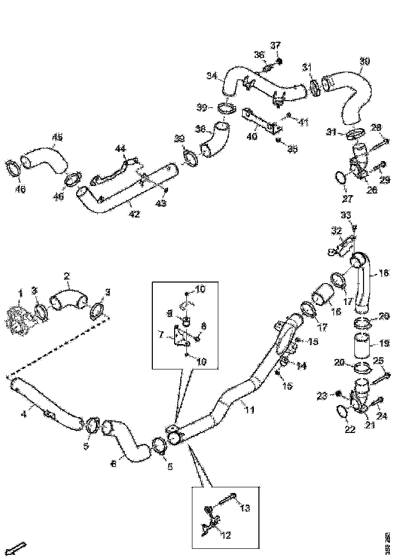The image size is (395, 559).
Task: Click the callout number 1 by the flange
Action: (21, 292)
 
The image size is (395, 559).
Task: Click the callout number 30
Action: (365, 61)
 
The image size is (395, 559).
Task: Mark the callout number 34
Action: (212, 76)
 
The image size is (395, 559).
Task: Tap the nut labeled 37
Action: (280, 61)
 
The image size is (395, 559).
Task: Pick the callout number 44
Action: (120, 149)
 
